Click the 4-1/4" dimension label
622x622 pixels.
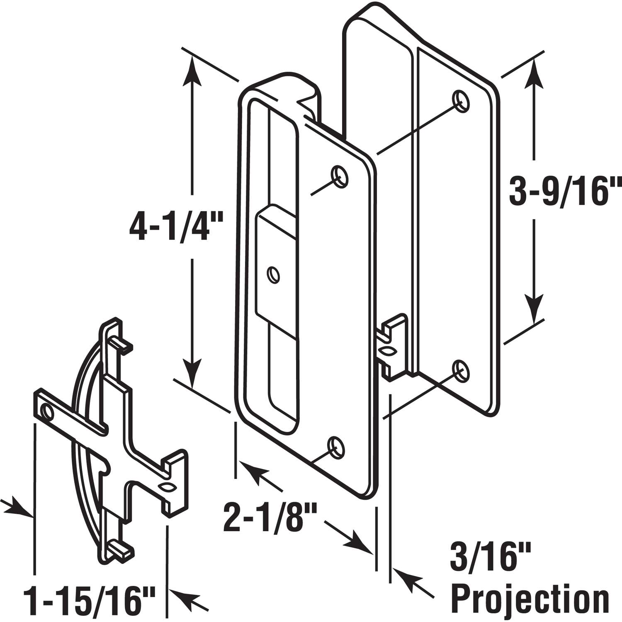pos(176,227)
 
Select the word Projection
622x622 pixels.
pos(530,598)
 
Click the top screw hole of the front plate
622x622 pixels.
pos(339,176)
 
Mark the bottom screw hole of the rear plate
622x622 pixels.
pos(460,370)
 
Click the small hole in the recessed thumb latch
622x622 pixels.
pos(273,275)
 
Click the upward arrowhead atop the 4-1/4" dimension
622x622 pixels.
pos(192,70)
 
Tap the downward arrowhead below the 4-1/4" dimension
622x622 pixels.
pos(192,373)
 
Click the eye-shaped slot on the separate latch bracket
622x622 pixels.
pos(167,487)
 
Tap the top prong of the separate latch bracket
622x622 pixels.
pos(120,341)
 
